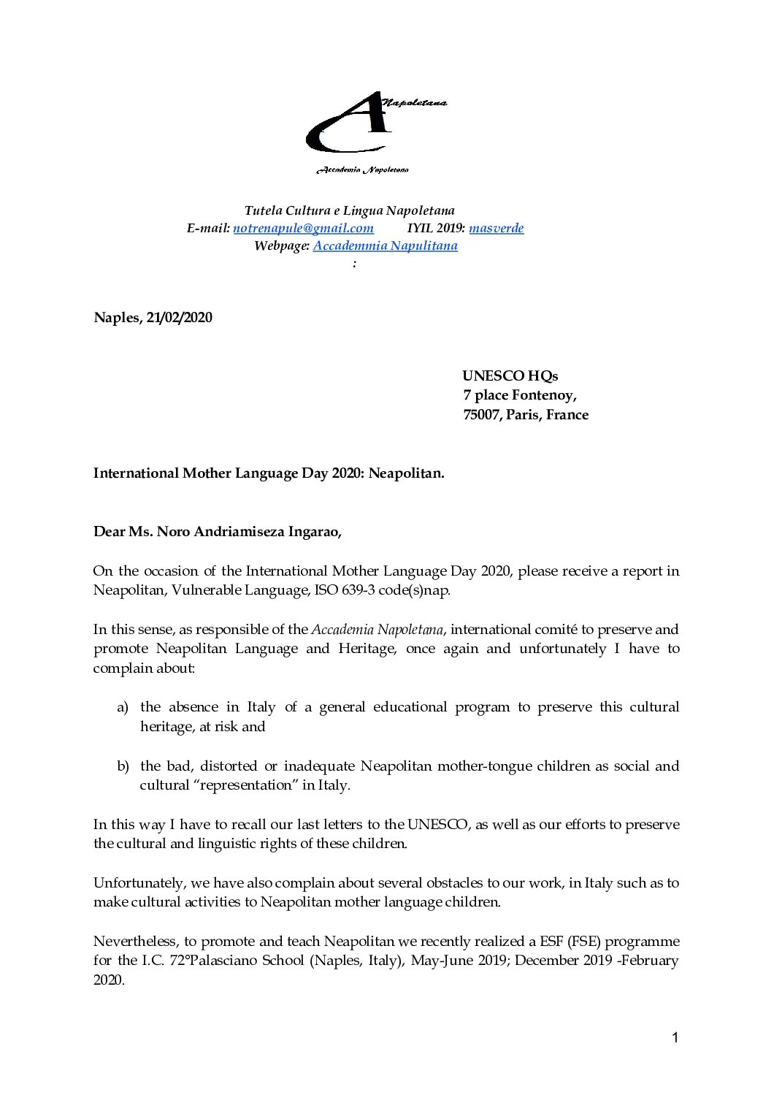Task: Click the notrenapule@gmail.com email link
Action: coord(303,228)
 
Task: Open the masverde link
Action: coord(496,228)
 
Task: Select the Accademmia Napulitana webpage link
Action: coord(385,245)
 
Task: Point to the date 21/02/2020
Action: coord(179,318)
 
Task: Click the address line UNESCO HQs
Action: coord(510,376)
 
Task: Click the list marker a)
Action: coord(123,707)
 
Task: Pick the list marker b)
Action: coord(123,766)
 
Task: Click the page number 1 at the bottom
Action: coord(675,1037)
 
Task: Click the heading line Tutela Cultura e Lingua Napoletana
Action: coord(349,211)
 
